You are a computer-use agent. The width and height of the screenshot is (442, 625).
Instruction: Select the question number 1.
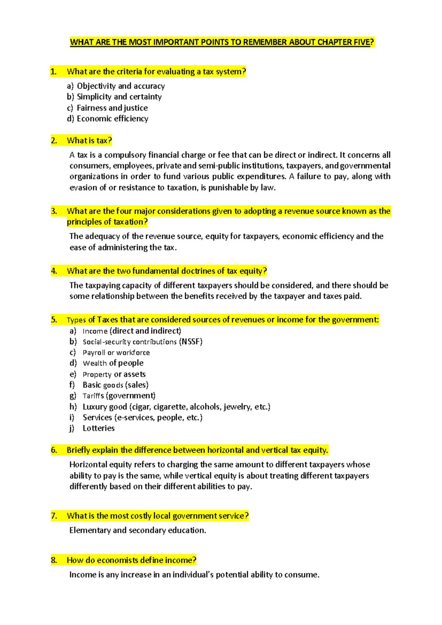point(53,71)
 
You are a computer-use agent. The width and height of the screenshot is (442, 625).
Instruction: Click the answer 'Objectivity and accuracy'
point(120,86)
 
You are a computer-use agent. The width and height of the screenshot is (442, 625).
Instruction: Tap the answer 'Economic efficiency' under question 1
point(112,119)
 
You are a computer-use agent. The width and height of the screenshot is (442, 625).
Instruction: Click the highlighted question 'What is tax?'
point(89,140)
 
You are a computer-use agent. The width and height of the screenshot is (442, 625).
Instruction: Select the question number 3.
point(54,211)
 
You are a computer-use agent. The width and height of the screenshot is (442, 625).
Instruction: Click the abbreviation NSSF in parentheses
point(191,342)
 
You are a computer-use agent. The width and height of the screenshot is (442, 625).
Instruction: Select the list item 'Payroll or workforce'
point(116,353)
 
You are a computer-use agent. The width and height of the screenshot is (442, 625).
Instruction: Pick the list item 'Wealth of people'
point(113,363)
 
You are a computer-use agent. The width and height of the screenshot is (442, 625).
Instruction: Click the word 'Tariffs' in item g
point(93,396)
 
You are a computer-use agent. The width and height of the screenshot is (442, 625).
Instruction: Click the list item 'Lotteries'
point(98,428)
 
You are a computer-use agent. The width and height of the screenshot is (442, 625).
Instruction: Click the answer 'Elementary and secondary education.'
point(137,530)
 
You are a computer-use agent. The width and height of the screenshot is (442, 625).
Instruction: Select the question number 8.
point(54,560)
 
